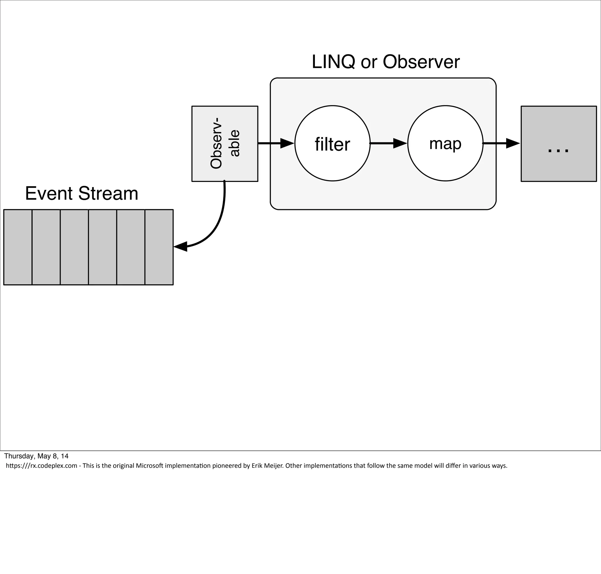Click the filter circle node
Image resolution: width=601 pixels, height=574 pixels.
point(332,143)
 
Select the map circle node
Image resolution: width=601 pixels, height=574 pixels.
point(445,143)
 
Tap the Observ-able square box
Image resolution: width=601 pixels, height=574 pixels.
point(224,143)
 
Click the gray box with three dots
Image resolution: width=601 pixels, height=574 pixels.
point(558,143)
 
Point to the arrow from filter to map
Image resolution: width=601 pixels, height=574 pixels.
point(389,143)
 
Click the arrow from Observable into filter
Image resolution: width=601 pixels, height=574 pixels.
point(275,143)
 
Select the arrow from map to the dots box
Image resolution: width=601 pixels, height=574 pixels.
point(501,143)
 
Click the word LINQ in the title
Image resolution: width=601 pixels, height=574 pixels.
point(334,62)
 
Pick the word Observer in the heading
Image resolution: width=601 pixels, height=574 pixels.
point(421,62)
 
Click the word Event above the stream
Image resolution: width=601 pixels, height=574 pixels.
point(49,194)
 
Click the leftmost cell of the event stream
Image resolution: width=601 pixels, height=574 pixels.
point(18,247)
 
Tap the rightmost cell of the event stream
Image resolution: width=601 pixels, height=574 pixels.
point(159,247)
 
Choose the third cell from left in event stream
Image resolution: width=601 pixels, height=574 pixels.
point(74,247)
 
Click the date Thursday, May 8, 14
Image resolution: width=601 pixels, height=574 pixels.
point(36,456)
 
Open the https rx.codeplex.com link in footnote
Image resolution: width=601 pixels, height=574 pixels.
point(41,466)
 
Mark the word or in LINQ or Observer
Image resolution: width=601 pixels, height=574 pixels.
point(369,62)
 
